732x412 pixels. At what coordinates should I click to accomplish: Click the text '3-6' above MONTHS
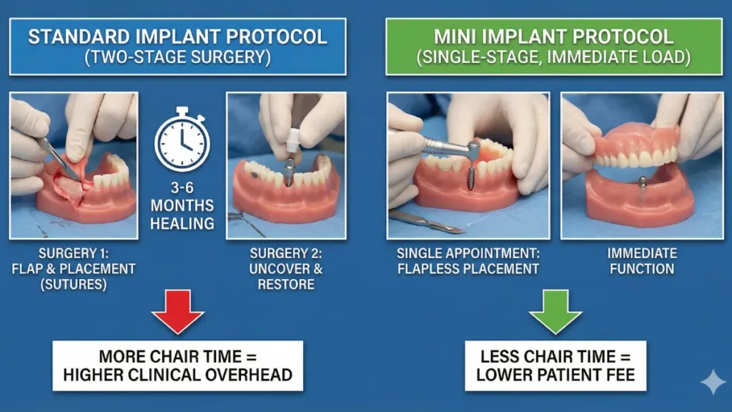coord(182,189)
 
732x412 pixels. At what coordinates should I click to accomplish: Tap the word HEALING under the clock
coord(182,223)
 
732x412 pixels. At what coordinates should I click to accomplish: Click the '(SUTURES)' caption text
coord(74,285)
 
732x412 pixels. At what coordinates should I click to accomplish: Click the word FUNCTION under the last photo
coord(640,269)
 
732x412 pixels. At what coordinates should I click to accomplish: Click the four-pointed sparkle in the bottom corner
coord(712,383)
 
